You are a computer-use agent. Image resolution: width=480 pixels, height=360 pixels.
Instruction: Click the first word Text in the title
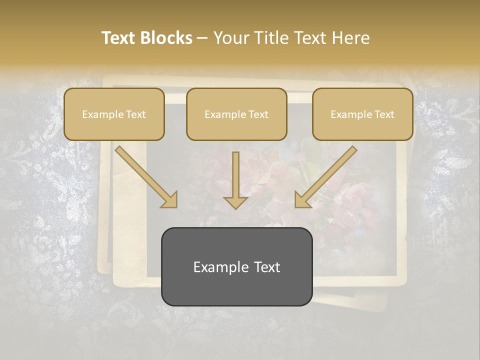click(120, 38)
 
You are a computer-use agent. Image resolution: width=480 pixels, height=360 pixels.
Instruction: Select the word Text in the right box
click(384, 114)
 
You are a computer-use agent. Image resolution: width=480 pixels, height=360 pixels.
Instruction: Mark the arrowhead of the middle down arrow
click(235, 201)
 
